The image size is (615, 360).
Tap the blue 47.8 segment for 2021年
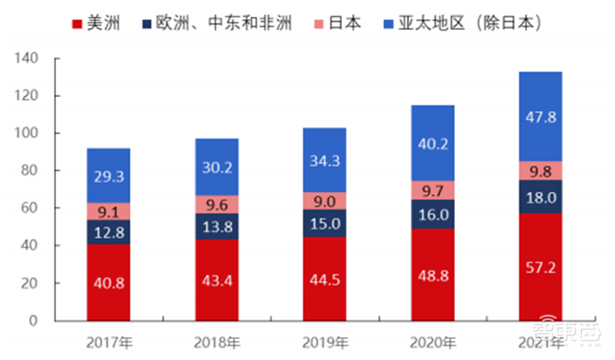tap(540, 116)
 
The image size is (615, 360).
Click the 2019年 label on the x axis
tap(324, 342)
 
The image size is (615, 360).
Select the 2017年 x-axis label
tap(108, 342)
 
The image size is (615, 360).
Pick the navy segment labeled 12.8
tap(108, 232)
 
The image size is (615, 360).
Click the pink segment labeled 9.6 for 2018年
tap(216, 204)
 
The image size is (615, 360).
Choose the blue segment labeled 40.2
tap(432, 143)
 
